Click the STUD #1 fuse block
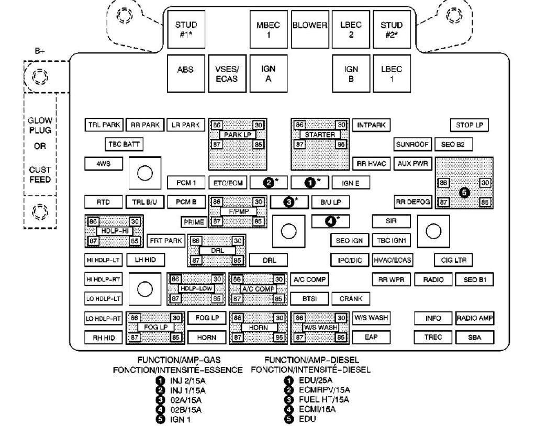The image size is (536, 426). coord(186,29)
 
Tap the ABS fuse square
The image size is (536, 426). coord(185,73)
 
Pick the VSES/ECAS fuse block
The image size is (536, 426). coord(227,73)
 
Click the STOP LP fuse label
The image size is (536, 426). coord(468,125)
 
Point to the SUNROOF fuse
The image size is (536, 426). coord(412,144)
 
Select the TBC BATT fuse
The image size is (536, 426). coord(124,144)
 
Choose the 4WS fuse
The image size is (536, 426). coord(103,163)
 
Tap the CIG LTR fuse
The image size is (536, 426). coord(453,260)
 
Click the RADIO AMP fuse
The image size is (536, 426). coord(475,318)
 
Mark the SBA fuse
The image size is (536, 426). coord(475,338)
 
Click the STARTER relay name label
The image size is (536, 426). coord(320,134)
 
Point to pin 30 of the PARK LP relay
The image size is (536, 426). coord(259,125)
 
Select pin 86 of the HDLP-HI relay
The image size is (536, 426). coord(93,221)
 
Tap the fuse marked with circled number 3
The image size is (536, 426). coord(289,201)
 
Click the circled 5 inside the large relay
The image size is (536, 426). coord(464,192)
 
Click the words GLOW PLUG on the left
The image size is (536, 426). coord(40,125)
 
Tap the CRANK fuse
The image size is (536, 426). coord(351,298)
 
